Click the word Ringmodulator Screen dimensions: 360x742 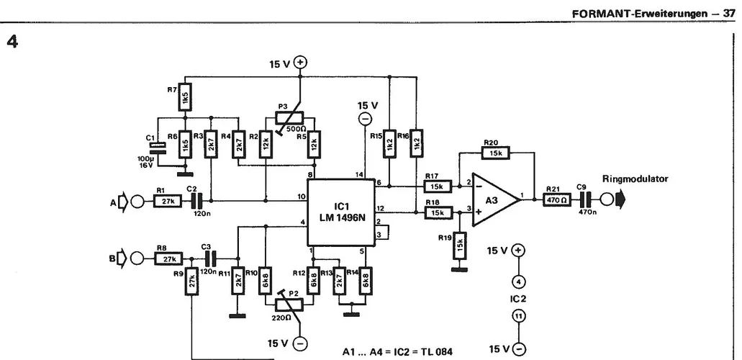635,179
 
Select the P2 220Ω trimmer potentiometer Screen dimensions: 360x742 289,304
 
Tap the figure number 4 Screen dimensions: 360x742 12,42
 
